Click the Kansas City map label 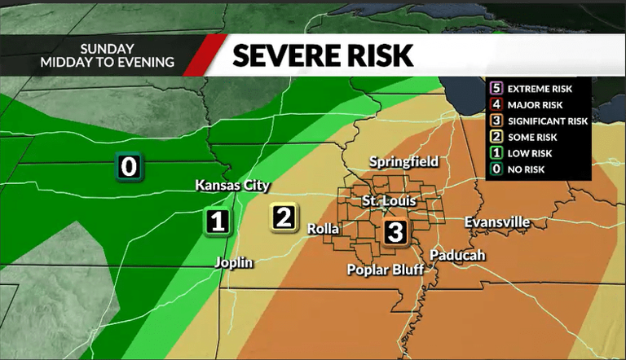pyautogui.click(x=232, y=186)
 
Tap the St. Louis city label pyautogui.click(x=390, y=200)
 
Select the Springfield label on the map pyautogui.click(x=404, y=162)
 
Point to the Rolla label pyautogui.click(x=323, y=229)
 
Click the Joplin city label pyautogui.click(x=234, y=262)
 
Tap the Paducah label pyautogui.click(x=458, y=255)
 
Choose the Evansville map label pyautogui.click(x=497, y=222)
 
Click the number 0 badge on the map pyautogui.click(x=129, y=167)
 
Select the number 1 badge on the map pyautogui.click(x=217, y=221)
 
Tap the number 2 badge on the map pyautogui.click(x=284, y=217)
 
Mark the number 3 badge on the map pyautogui.click(x=395, y=231)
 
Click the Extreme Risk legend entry pyautogui.click(x=539, y=88)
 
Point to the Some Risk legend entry pyautogui.click(x=531, y=137)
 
